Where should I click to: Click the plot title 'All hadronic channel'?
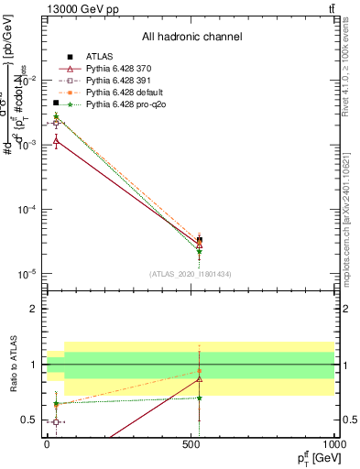(191, 38)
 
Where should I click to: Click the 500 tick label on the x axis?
(191, 444)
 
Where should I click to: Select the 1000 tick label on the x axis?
(334, 444)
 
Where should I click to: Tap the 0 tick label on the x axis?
(47, 444)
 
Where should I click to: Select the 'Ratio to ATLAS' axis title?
(13, 365)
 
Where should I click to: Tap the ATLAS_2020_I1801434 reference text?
(191, 274)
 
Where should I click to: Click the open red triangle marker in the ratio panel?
(200, 378)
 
